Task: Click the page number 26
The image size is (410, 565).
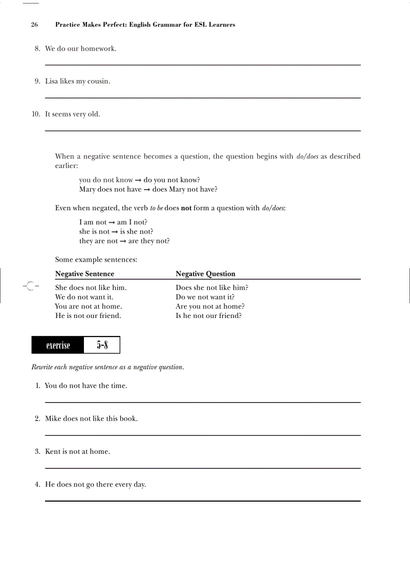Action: [x=34, y=24]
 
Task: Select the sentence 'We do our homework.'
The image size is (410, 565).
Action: [x=80, y=49]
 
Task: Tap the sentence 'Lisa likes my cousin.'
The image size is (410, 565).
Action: [x=77, y=82]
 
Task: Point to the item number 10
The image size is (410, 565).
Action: [x=36, y=114]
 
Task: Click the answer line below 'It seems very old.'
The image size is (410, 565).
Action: [x=202, y=131]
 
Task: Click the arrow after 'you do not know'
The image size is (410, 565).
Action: [x=138, y=180]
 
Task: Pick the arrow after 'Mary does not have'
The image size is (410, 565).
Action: [x=147, y=190]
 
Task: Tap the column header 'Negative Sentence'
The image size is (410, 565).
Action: [x=84, y=274]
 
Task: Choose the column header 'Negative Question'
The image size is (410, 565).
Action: [x=205, y=274]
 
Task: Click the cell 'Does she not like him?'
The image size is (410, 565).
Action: [x=212, y=288]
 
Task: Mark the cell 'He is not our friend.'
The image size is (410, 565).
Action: [x=88, y=316]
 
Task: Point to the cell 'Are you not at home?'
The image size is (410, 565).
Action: [x=210, y=306]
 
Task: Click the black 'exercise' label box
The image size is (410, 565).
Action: [x=58, y=345]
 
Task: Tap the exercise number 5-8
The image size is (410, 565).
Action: [x=102, y=345]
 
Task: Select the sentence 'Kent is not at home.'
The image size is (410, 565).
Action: [x=77, y=452]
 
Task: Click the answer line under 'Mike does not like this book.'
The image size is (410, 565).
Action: [x=202, y=435]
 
